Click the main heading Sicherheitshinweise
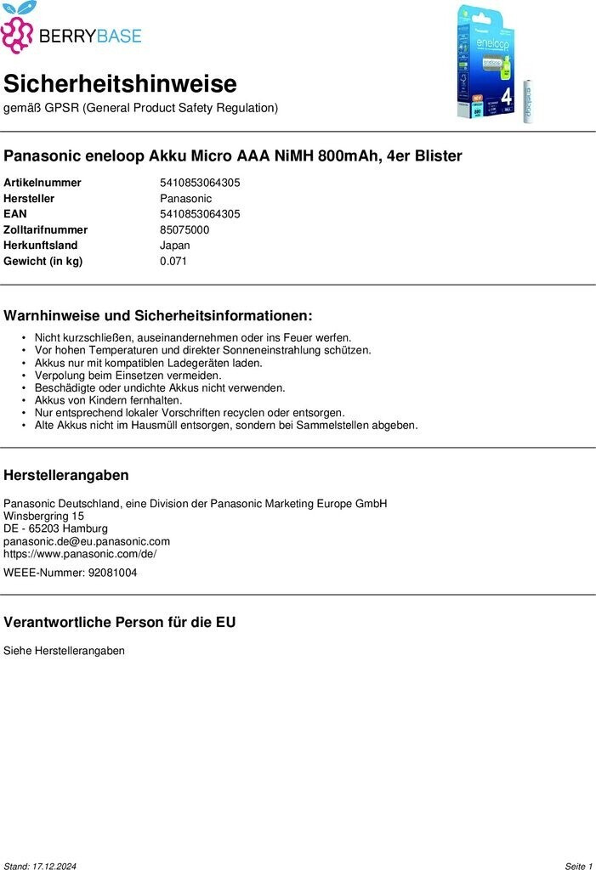(x=120, y=84)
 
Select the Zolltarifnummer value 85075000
(x=184, y=229)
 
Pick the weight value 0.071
(x=173, y=261)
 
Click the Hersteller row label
(x=29, y=198)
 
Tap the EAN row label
(x=15, y=214)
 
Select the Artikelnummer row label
(x=43, y=183)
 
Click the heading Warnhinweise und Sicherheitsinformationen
(x=158, y=315)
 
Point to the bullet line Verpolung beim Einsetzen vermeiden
(x=128, y=376)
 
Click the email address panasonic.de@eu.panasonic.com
(x=87, y=541)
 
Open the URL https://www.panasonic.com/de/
(x=80, y=553)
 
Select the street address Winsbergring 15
(x=43, y=516)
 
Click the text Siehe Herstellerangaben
(x=64, y=651)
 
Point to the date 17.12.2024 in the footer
(x=54, y=866)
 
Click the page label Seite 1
(x=578, y=866)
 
